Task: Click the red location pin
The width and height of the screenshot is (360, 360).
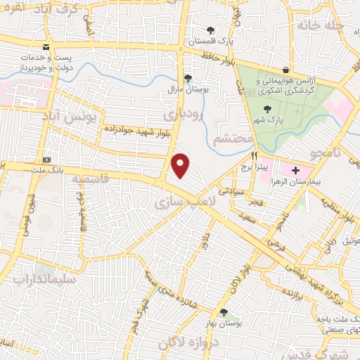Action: click(181, 165)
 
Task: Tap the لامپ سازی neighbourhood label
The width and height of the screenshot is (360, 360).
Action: click(179, 203)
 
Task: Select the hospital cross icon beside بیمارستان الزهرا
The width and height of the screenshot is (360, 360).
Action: click(295, 169)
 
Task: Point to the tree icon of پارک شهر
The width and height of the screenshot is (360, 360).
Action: click(266, 109)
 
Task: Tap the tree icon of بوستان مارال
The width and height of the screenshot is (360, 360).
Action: click(187, 79)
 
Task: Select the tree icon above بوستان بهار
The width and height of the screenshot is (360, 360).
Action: click(224, 311)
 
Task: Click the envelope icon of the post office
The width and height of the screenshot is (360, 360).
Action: click(46, 47)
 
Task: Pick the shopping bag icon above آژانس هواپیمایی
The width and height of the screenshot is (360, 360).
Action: click(285, 70)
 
